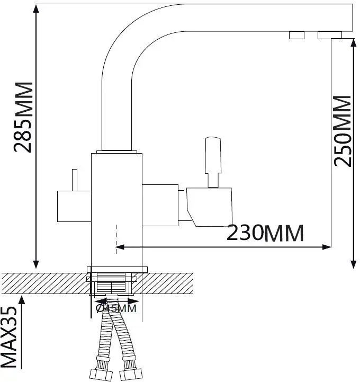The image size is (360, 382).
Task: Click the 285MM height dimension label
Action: [x=24, y=117]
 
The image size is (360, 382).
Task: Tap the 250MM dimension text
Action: [x=344, y=130]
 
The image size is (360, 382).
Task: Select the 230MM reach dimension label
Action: [x=265, y=233]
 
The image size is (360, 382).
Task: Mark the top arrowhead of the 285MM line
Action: [x=36, y=8]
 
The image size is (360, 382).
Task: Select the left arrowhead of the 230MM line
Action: [x=120, y=246]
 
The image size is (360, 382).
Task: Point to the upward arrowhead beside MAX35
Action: [x=22, y=300]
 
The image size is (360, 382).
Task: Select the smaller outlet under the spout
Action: [x=296, y=35]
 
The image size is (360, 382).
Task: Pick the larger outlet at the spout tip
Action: [x=329, y=35]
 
